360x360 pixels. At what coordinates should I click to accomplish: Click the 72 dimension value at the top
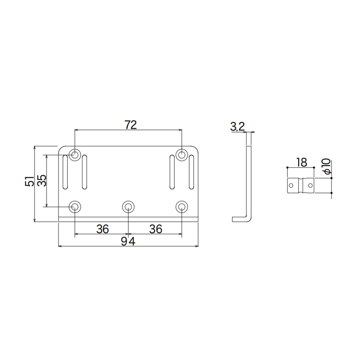tap(130, 124)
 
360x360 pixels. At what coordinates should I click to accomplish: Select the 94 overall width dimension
tap(128, 241)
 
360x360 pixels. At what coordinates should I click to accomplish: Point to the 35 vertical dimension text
tap(42, 180)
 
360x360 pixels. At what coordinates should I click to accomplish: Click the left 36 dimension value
tap(103, 229)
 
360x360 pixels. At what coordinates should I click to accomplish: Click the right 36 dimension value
tap(155, 229)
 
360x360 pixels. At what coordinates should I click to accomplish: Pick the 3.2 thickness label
tap(238, 127)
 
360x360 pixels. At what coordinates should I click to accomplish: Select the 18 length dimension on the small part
tap(301, 162)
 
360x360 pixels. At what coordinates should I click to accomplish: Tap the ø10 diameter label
tap(326, 167)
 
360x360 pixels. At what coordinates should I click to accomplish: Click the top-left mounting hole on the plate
tap(75, 155)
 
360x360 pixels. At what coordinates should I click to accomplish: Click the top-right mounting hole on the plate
tap(181, 155)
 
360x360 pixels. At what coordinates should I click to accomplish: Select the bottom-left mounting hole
tap(75, 207)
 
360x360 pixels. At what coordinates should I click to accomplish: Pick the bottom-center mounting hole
tap(128, 207)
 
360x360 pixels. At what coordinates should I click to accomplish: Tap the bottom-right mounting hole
tap(181, 207)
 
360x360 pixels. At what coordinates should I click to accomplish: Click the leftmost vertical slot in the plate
tap(65, 172)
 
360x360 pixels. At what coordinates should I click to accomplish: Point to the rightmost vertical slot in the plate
tap(192, 172)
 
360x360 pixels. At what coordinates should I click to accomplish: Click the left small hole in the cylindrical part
tap(291, 185)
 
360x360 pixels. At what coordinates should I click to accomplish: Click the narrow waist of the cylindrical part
tap(301, 186)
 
